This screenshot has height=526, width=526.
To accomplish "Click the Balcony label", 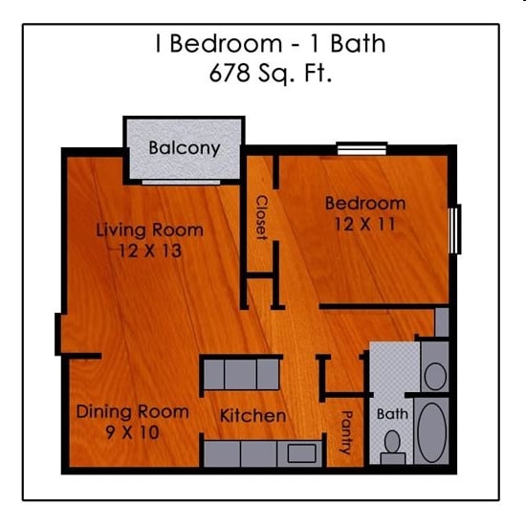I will pyautogui.click(x=185, y=148).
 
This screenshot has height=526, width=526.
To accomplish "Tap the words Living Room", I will pyautogui.click(x=149, y=230).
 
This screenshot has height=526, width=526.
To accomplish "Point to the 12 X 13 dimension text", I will pyautogui.click(x=150, y=252).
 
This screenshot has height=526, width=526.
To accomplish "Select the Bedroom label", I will pyautogui.click(x=365, y=203).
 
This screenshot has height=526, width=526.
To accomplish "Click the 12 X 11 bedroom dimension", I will pyautogui.click(x=365, y=225).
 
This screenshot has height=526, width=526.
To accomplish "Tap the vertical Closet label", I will pyautogui.click(x=260, y=218).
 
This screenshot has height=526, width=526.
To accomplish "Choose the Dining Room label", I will pyautogui.click(x=132, y=412).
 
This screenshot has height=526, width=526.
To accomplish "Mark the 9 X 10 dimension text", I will pyautogui.click(x=131, y=433).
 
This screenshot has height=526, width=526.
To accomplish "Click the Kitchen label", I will pyautogui.click(x=252, y=416).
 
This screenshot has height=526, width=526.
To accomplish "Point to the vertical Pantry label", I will pyautogui.click(x=346, y=438).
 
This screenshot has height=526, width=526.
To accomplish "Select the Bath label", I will pyautogui.click(x=392, y=414).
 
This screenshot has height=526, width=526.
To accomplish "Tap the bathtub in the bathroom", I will pyautogui.click(x=433, y=433).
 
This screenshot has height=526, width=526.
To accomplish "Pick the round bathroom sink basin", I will pyautogui.click(x=435, y=375).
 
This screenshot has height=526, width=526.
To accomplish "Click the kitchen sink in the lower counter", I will pyautogui.click(x=301, y=453).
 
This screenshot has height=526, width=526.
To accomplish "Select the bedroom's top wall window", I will pyautogui.click(x=362, y=149).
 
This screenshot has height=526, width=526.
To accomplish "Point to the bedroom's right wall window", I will pyautogui.click(x=456, y=229).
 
